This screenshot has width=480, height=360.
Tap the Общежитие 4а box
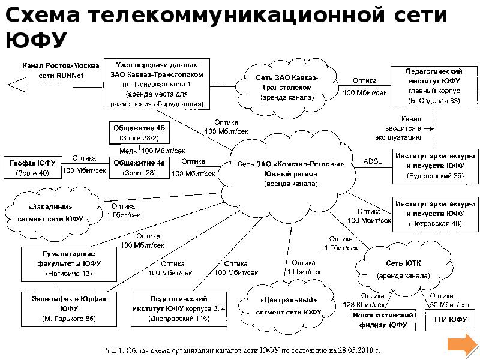[x=139, y=167]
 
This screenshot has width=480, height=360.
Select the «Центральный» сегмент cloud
[x=288, y=305]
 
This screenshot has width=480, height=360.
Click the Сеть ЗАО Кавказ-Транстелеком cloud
[x=287, y=86]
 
